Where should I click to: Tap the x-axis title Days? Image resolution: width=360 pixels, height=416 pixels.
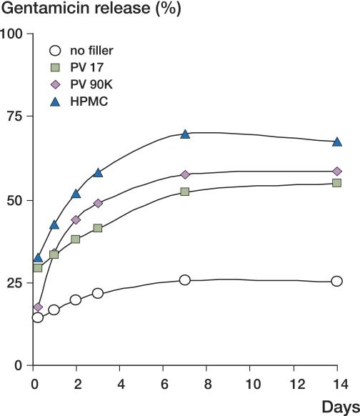click(x=340, y=407)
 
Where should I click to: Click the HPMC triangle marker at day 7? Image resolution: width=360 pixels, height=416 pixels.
click(x=185, y=134)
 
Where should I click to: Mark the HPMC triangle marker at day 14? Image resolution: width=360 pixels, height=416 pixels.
click(x=337, y=142)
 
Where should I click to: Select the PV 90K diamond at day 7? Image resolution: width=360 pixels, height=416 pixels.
click(x=185, y=174)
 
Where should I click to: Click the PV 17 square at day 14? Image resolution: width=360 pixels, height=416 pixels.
click(x=337, y=183)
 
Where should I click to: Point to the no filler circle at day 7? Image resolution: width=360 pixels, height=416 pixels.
click(x=185, y=280)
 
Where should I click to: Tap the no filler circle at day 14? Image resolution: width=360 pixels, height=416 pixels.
click(x=337, y=282)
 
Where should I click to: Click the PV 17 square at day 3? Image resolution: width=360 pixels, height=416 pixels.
click(x=98, y=228)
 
